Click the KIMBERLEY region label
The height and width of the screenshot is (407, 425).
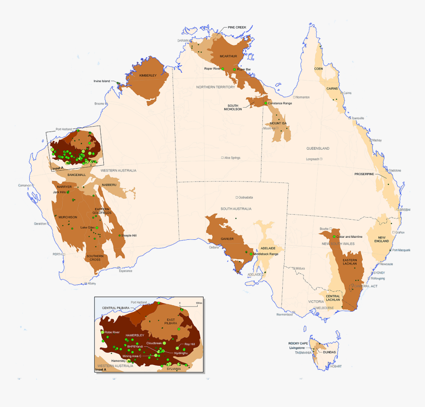[147, 76]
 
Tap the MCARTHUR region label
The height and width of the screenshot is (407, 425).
[229, 56]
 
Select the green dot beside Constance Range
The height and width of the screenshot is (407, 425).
[265, 103]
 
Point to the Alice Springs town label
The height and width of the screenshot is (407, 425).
[232, 158]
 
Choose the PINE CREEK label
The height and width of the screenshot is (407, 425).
[237, 28]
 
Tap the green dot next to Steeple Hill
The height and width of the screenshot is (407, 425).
[120, 235]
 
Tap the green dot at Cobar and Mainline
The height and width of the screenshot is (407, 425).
[334, 237]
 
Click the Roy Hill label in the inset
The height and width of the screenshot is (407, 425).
[190, 344]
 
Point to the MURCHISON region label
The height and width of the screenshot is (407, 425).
[68, 217]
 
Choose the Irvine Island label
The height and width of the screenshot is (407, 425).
[101, 81]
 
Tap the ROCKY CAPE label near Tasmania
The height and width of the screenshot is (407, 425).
[298, 343]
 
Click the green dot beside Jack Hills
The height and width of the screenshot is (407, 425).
[68, 192]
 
